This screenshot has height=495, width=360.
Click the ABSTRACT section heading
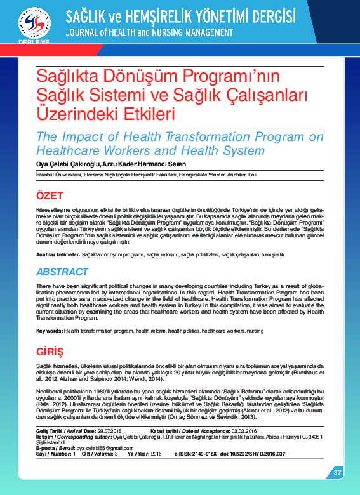click(62, 272)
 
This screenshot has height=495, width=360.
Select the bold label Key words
click(48, 331)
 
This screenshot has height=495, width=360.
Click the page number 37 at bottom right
click(338, 472)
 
